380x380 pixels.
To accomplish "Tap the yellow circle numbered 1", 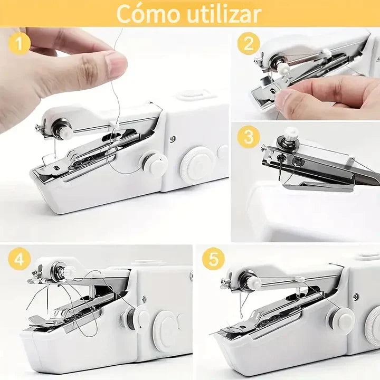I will coord(20,44).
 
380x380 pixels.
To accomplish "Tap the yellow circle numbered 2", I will coord(248,44).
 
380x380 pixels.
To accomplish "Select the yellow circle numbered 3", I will coord(248,137).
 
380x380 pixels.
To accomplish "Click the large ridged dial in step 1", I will coord(197,165).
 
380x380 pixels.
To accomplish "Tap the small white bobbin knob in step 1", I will coord(155,164).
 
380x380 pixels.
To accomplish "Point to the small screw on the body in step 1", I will coord(173,139).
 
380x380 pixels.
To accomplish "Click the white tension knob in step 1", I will coord(64,131).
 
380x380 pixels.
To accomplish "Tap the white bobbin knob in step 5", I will coord(339,319).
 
